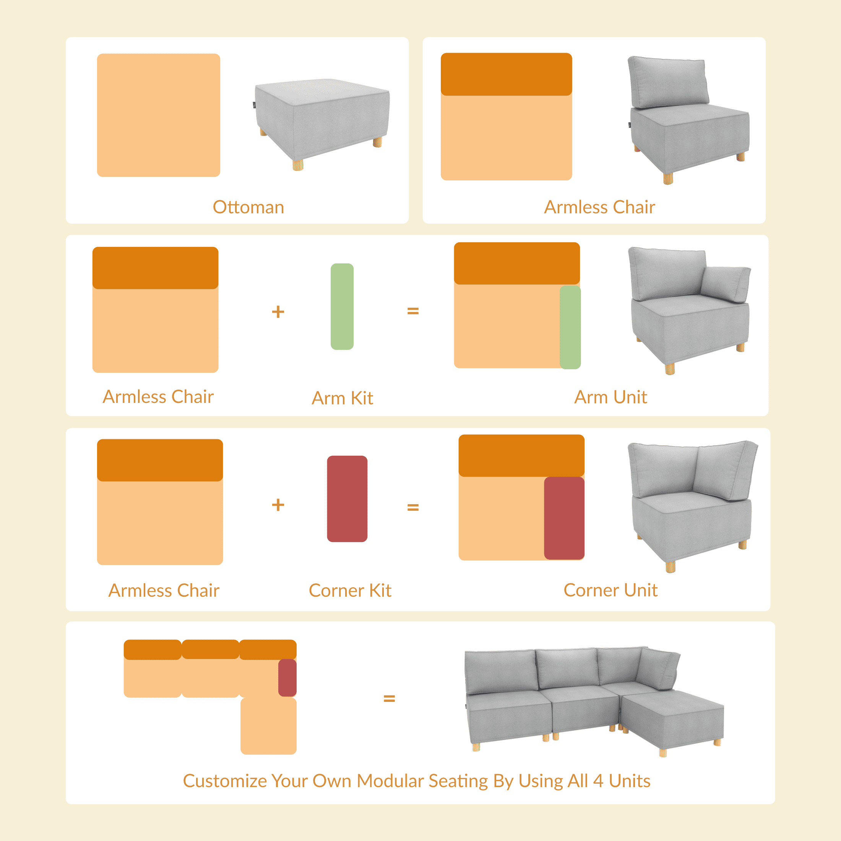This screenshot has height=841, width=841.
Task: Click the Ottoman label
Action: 248,207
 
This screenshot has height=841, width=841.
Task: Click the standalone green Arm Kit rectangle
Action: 342,307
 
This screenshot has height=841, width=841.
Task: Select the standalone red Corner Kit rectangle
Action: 347,499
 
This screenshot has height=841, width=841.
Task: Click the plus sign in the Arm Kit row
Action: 278,312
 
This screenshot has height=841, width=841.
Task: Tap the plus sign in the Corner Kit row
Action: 278,505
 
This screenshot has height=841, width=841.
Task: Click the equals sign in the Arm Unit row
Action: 413,311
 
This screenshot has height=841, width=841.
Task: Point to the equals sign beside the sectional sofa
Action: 389,699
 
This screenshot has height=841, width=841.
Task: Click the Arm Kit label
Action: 342,398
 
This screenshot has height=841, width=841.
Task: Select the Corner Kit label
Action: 350,591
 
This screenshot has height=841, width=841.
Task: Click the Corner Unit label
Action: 610,590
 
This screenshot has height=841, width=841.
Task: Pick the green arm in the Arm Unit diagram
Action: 570,327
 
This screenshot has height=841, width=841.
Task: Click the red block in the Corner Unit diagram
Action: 564,518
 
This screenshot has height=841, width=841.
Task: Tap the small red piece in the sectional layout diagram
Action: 287,678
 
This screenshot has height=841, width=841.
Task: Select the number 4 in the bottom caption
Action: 598,781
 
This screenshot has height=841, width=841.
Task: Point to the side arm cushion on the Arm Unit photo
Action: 726,284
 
